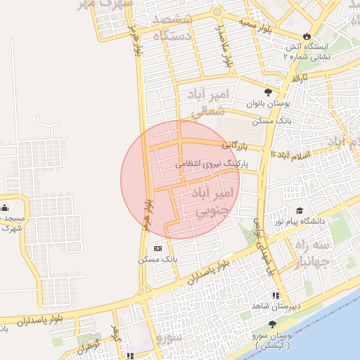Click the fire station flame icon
(x=307, y=35)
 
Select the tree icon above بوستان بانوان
(x=267, y=92)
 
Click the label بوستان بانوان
(x=267, y=103)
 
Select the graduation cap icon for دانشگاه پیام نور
(x=300, y=210)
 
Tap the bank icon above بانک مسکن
(x=157, y=248)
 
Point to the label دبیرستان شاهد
(x=276, y=307)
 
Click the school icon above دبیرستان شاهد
(x=276, y=296)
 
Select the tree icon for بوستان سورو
(x=272, y=323)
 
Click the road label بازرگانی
(x=236, y=146)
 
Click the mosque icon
(x=6, y=207)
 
